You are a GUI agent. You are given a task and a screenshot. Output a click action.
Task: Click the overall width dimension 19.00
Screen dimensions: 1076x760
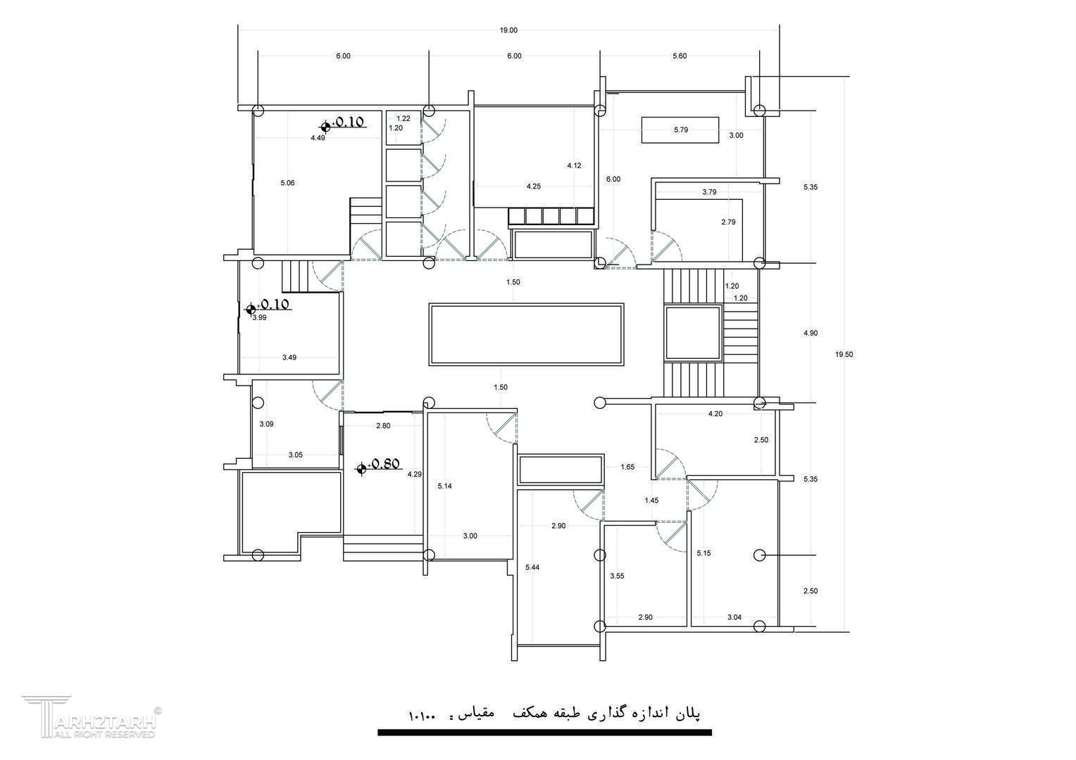pyautogui.click(x=508, y=30)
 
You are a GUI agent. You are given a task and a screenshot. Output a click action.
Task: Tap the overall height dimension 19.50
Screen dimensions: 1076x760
pyautogui.click(x=844, y=355)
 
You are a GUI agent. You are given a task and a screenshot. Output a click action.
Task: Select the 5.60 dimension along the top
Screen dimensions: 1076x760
pyautogui.click(x=680, y=56)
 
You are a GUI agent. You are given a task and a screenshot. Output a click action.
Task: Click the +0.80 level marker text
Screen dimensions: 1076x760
pyautogui.click(x=385, y=464)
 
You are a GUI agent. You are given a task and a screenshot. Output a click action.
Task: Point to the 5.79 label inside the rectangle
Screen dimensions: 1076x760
pyautogui.click(x=681, y=129)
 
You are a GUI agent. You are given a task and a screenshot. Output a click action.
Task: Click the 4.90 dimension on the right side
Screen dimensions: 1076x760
pyautogui.click(x=811, y=333)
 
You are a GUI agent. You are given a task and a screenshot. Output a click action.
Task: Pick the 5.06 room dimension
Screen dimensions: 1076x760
pyautogui.click(x=287, y=183)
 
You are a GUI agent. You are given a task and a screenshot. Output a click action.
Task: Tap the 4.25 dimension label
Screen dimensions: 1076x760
pyautogui.click(x=534, y=186)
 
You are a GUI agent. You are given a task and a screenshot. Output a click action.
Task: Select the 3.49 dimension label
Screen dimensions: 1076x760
pyautogui.click(x=289, y=357)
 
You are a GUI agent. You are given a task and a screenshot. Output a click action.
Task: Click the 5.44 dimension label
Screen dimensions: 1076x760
pyautogui.click(x=532, y=567)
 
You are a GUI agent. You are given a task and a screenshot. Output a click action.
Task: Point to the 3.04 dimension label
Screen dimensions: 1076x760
pyautogui.click(x=734, y=617)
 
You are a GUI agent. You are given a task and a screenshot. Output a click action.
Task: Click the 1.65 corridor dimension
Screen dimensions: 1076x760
pyautogui.click(x=627, y=467)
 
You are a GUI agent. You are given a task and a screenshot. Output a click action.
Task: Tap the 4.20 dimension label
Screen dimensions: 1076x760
pyautogui.click(x=715, y=414)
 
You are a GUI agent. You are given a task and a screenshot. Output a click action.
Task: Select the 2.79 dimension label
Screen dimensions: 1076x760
pyautogui.click(x=728, y=222)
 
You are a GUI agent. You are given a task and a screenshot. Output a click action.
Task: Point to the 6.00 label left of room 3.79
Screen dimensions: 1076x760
pyautogui.click(x=613, y=179)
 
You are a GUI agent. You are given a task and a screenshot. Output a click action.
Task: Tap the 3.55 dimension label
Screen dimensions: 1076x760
pyautogui.click(x=617, y=576)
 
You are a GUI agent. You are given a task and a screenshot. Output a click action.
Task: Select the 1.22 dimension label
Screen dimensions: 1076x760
pyautogui.click(x=403, y=119)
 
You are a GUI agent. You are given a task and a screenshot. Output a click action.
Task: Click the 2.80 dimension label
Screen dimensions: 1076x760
pyautogui.click(x=383, y=426)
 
